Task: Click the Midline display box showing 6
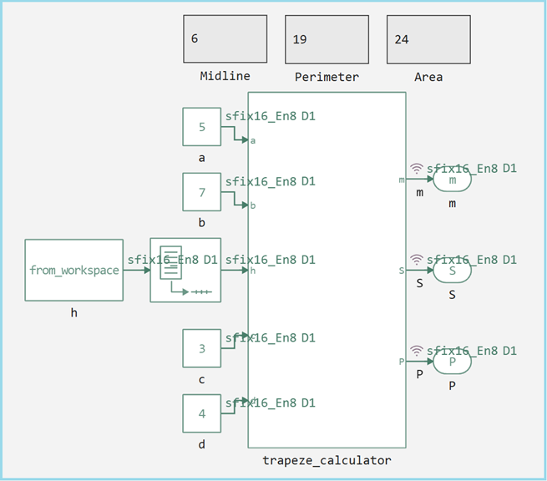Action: [225, 38]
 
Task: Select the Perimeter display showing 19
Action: [327, 38]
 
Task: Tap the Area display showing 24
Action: [428, 38]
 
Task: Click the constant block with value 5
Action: [201, 127]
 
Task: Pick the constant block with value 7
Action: [201, 192]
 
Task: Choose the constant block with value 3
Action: [201, 348]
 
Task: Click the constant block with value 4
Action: [201, 413]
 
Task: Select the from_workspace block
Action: [73, 270]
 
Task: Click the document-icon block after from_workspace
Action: [184, 270]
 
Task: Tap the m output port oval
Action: [452, 179]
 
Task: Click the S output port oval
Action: [452, 270]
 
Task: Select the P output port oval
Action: [452, 362]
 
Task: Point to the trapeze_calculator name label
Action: [327, 460]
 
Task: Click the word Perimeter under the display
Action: [327, 77]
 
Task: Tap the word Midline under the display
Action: [225, 76]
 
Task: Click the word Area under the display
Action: [428, 77]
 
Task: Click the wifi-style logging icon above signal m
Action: [417, 168]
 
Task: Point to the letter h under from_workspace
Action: [73, 313]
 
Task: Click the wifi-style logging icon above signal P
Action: [417, 351]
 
